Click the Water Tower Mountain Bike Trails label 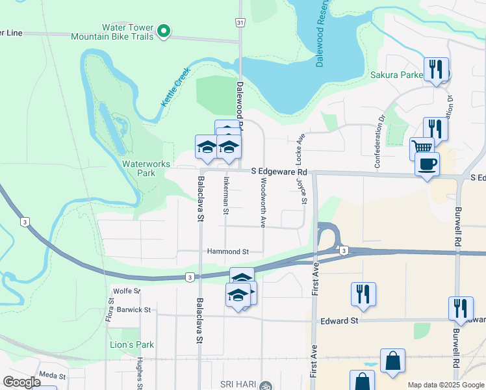click(127, 32)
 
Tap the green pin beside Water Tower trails click(164, 31)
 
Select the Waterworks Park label click(137, 169)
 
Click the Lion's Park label click(132, 344)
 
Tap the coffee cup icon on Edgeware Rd click(427, 164)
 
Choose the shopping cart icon click(422, 148)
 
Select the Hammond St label click(228, 252)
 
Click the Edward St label click(340, 321)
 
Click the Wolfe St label click(127, 291)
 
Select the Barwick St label click(133, 310)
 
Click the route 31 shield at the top click(240, 23)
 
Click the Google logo click(22, 382)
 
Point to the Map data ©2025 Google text click(445, 385)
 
